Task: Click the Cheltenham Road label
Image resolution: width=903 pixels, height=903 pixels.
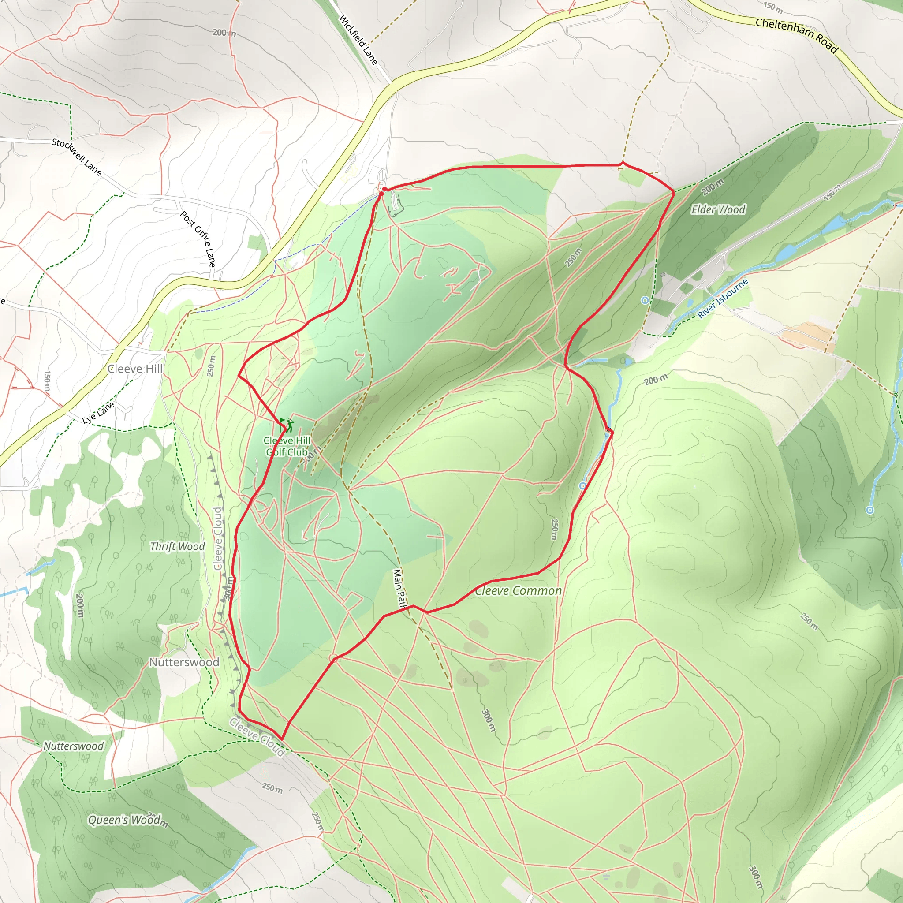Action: [796, 35]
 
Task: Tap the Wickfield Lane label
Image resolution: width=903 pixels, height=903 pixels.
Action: [358, 40]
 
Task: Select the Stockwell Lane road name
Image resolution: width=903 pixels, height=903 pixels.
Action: [77, 156]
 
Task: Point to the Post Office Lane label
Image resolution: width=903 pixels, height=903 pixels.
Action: [198, 239]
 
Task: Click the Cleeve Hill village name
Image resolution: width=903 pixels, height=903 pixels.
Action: [135, 369]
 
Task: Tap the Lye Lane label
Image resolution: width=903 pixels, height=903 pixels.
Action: [98, 413]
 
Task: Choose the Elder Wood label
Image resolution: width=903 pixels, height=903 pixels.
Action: [718, 209]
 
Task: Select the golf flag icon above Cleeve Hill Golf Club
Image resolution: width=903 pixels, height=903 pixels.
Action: [287, 425]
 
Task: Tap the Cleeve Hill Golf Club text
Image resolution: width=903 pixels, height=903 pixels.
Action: [287, 446]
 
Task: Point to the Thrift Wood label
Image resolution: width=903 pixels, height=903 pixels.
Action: [177, 546]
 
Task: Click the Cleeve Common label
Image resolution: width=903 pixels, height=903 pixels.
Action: [519, 591]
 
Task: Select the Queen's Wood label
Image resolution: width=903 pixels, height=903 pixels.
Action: [125, 820]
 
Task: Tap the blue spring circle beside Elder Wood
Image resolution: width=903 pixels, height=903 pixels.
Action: [645, 300]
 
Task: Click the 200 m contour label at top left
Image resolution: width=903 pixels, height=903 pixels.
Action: [224, 33]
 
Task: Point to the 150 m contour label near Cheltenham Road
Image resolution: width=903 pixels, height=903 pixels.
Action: [772, 7]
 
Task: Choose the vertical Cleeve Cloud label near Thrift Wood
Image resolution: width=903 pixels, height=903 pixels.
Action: [218, 538]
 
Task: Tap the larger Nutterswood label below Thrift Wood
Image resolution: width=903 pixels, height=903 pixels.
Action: [184, 662]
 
